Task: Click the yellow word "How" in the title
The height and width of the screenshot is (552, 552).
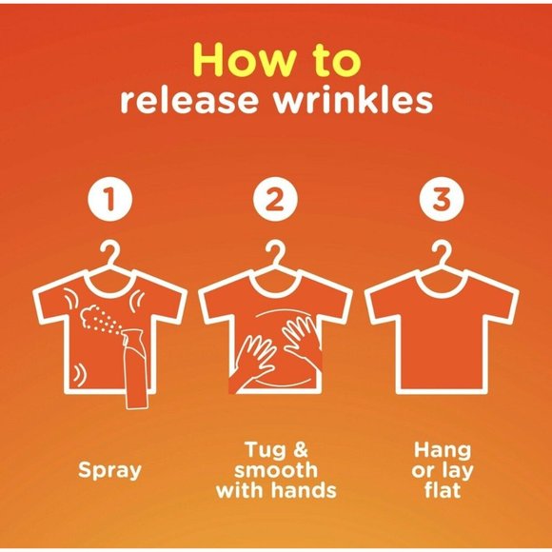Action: (x=244, y=60)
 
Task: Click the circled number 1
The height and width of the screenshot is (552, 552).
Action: (x=110, y=200)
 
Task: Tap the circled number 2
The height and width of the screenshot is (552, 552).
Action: (x=275, y=200)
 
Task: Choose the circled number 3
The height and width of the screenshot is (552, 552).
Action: (x=442, y=200)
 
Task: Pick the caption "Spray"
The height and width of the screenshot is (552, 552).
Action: (x=109, y=471)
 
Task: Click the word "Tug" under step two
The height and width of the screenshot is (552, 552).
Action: (x=265, y=450)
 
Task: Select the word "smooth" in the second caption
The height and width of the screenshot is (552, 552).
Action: (x=276, y=470)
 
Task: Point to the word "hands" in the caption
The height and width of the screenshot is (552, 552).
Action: (x=306, y=490)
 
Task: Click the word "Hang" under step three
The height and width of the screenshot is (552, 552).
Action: (x=443, y=451)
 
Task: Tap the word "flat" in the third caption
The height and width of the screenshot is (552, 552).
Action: (x=443, y=490)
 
